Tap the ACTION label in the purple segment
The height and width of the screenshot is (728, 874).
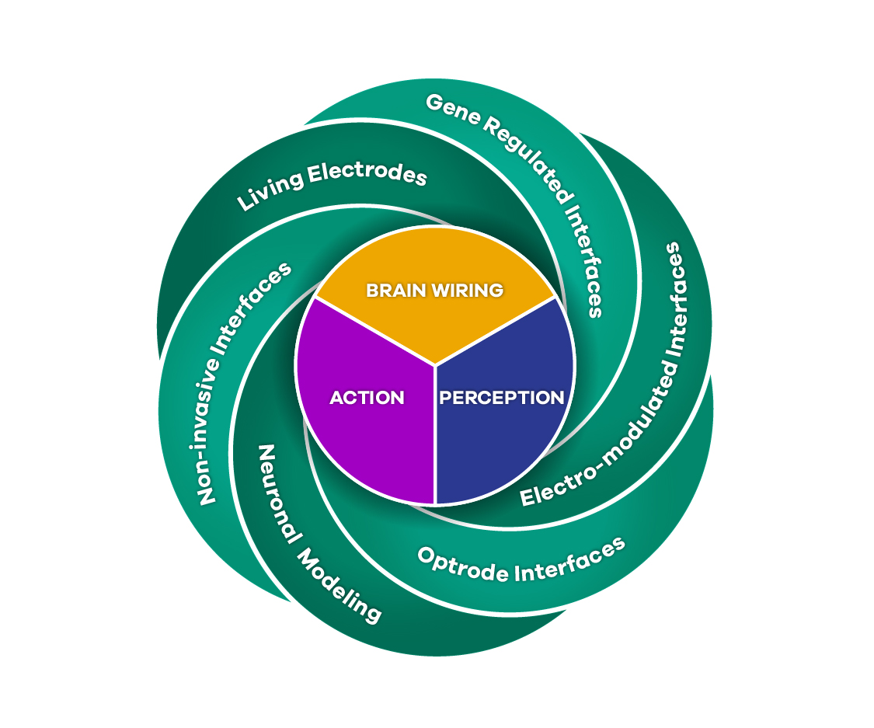367,398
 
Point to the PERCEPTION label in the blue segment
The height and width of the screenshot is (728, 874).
502,398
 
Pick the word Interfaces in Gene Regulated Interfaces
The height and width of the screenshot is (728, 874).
587,256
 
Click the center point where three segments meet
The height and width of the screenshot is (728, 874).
435,364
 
